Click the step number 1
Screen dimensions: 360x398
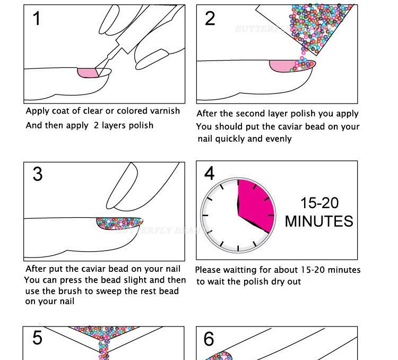coord(37,19)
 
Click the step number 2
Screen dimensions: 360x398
coord(210,19)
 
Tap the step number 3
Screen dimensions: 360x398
coord(37,174)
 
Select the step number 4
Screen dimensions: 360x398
coord(210,173)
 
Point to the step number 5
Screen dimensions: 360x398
coord(37,338)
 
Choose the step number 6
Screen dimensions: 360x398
coord(210,339)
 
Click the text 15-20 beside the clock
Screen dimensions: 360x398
coord(319,203)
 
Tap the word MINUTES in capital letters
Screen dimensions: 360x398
coord(319,221)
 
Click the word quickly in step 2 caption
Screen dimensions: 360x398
coord(230,139)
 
